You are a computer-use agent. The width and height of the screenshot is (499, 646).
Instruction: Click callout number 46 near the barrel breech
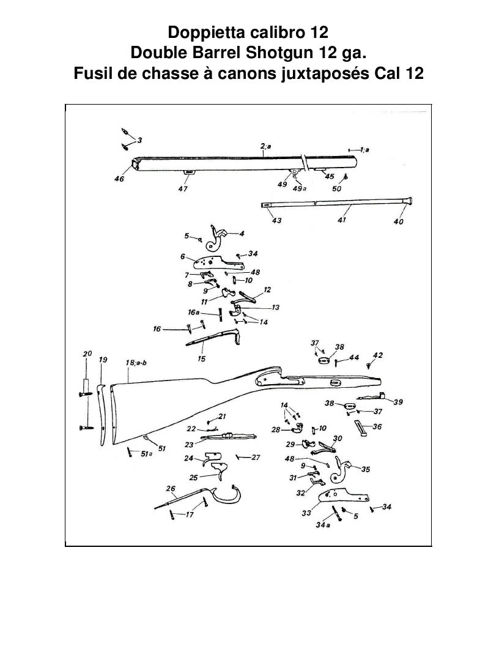119,179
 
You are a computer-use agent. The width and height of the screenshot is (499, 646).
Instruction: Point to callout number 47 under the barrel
183,188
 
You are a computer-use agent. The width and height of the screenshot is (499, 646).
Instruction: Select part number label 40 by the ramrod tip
399,221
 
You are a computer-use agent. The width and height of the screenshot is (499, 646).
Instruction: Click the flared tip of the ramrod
408,201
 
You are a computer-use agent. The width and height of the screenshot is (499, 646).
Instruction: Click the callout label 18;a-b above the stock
136,363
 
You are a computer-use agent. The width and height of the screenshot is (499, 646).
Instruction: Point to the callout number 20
87,354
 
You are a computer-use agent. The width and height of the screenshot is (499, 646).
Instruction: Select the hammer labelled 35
342,470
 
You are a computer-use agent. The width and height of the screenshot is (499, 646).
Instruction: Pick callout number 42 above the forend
377,355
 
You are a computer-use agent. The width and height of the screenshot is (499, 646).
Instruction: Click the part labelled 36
360,428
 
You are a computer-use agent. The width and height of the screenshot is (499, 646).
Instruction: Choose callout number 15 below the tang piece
201,359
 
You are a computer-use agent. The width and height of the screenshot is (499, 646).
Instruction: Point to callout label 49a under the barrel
300,188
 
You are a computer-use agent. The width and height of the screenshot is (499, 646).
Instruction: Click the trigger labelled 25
220,470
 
